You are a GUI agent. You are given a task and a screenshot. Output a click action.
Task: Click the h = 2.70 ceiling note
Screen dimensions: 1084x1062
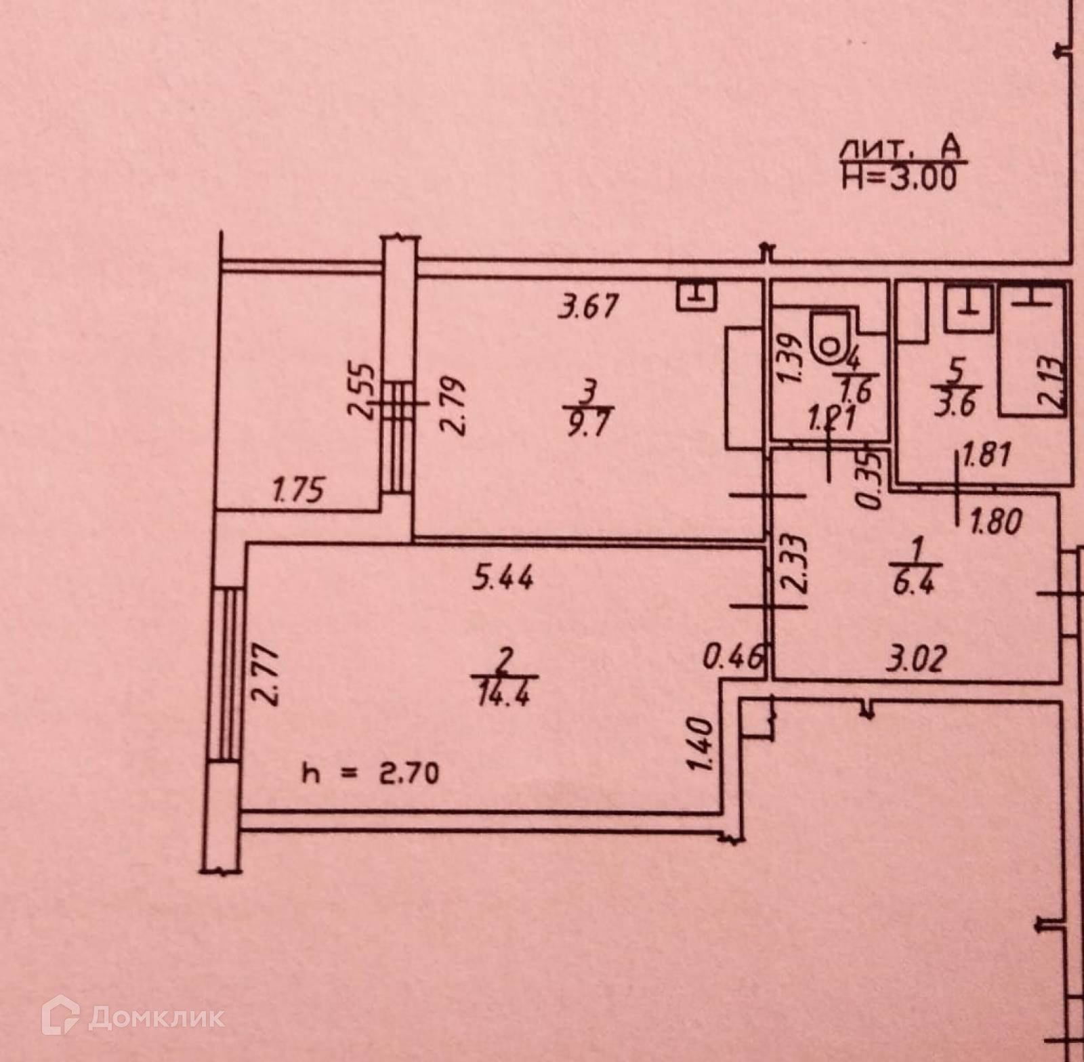tap(370, 773)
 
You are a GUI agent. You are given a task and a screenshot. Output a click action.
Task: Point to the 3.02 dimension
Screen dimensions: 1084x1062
tap(914, 658)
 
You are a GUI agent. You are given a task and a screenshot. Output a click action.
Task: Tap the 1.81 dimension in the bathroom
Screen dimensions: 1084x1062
tap(986, 454)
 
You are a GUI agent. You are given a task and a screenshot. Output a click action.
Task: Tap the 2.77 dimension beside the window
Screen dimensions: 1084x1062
tap(269, 675)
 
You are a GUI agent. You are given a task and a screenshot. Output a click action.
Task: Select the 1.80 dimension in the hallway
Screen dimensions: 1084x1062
tap(995, 522)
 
